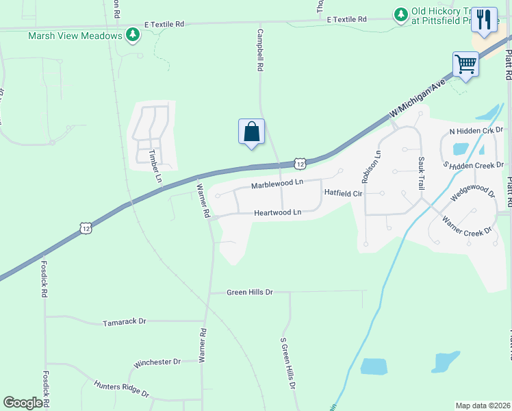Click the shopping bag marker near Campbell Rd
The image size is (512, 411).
(x=251, y=131)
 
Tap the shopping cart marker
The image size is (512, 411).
(x=465, y=65)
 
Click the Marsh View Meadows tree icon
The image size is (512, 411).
(x=133, y=35)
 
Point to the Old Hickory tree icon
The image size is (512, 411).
(x=400, y=14)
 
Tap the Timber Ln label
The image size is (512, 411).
(x=155, y=165)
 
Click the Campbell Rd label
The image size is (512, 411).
(x=260, y=50)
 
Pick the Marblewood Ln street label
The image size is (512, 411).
(x=277, y=184)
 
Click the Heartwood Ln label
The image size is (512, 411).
(x=278, y=213)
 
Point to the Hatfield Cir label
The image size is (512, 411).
(x=343, y=193)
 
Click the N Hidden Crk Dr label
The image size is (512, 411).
(x=476, y=129)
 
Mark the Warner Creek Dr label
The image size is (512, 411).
(x=467, y=227)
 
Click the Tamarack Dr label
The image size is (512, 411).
(x=125, y=321)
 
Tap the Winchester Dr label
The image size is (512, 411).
(x=157, y=362)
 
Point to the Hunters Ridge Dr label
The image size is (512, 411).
(x=121, y=390)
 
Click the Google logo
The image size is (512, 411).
(x=23, y=403)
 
